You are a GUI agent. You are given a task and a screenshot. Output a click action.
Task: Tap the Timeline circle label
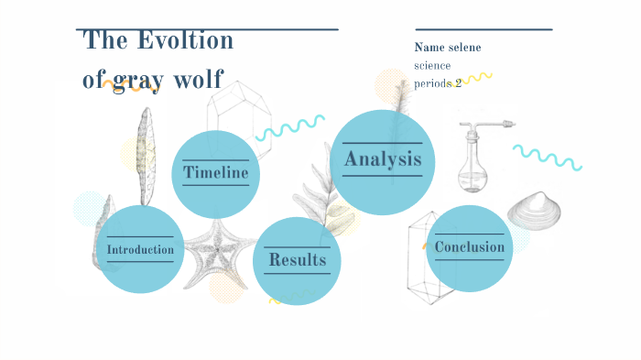tap(216, 172)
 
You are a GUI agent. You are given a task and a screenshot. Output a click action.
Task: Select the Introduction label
tap(140, 250)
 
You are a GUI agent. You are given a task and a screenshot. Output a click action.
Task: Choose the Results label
tap(297, 260)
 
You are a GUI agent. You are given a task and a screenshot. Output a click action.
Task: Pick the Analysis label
tap(383, 159)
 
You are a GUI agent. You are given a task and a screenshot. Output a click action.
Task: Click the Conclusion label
tap(469, 247)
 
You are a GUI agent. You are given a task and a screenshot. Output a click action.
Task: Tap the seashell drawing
tap(533, 212)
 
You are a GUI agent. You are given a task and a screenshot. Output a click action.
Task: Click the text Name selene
tap(447, 48)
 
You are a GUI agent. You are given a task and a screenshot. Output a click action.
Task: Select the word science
tap(432, 65)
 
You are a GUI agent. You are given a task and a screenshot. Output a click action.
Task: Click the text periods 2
tap(438, 82)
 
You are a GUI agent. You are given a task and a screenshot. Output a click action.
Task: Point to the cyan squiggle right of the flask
tap(547, 157)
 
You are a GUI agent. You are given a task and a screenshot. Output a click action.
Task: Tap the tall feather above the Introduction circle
tap(145, 156)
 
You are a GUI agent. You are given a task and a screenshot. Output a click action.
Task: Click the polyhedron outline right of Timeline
tap(236, 111)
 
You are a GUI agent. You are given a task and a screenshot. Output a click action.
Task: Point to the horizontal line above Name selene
tap(483, 29)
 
